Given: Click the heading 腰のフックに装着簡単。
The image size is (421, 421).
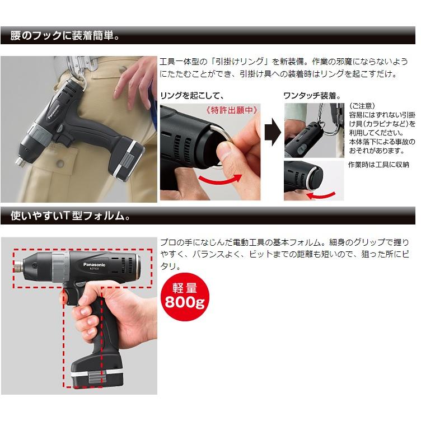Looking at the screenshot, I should pyautogui.click(x=66, y=36).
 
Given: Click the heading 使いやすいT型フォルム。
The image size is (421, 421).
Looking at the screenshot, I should pyautogui.click(x=70, y=214).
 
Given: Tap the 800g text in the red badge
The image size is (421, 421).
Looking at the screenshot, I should pyautogui.click(x=185, y=302).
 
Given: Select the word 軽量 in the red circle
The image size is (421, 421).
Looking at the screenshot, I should pyautogui.click(x=185, y=288).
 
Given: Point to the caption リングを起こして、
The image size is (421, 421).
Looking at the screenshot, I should pyautogui.click(x=192, y=95).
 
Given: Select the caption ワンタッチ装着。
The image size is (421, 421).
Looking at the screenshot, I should pyautogui.click(x=312, y=95).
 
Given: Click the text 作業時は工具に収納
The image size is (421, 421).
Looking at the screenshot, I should pyautogui.click(x=378, y=165).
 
